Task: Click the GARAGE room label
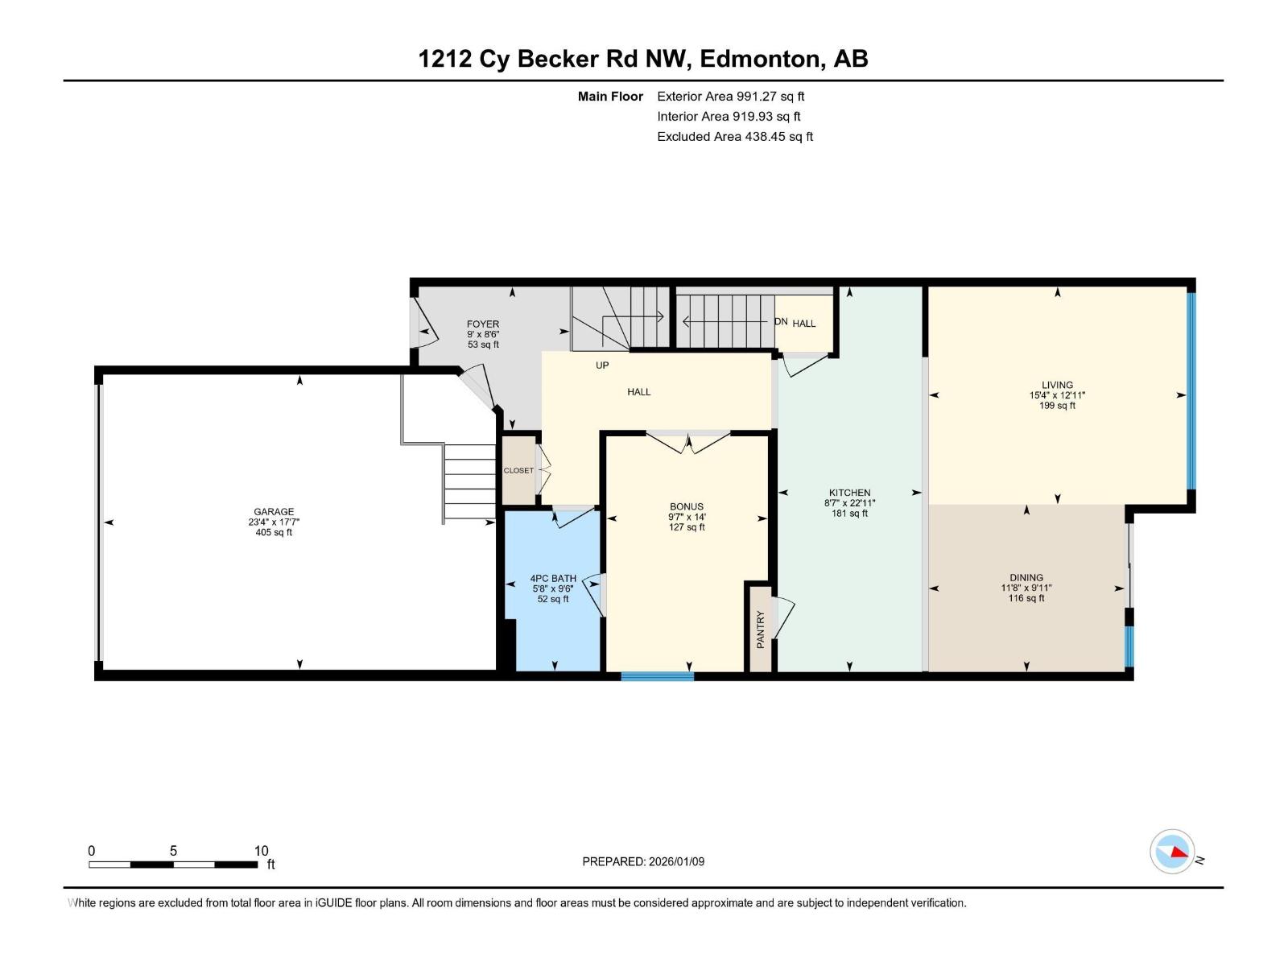tap(274, 511)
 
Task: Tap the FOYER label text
tap(483, 324)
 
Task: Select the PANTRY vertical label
tap(760, 630)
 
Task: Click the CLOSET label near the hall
tap(518, 470)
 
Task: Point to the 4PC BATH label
tap(553, 578)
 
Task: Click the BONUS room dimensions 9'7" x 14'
tap(687, 517)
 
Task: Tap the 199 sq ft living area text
tap(1057, 406)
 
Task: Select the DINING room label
tap(1026, 577)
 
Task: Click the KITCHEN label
tap(849, 493)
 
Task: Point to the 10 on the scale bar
tap(261, 851)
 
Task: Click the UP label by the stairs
tap(602, 365)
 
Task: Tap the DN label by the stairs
tap(781, 321)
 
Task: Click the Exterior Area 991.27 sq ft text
tap(730, 96)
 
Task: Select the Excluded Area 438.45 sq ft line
tap(734, 136)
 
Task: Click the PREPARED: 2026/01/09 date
tap(643, 861)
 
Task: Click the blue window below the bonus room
tap(657, 676)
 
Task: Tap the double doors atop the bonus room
tap(688, 441)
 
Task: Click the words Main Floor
tap(610, 96)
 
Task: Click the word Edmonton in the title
tap(761, 59)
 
